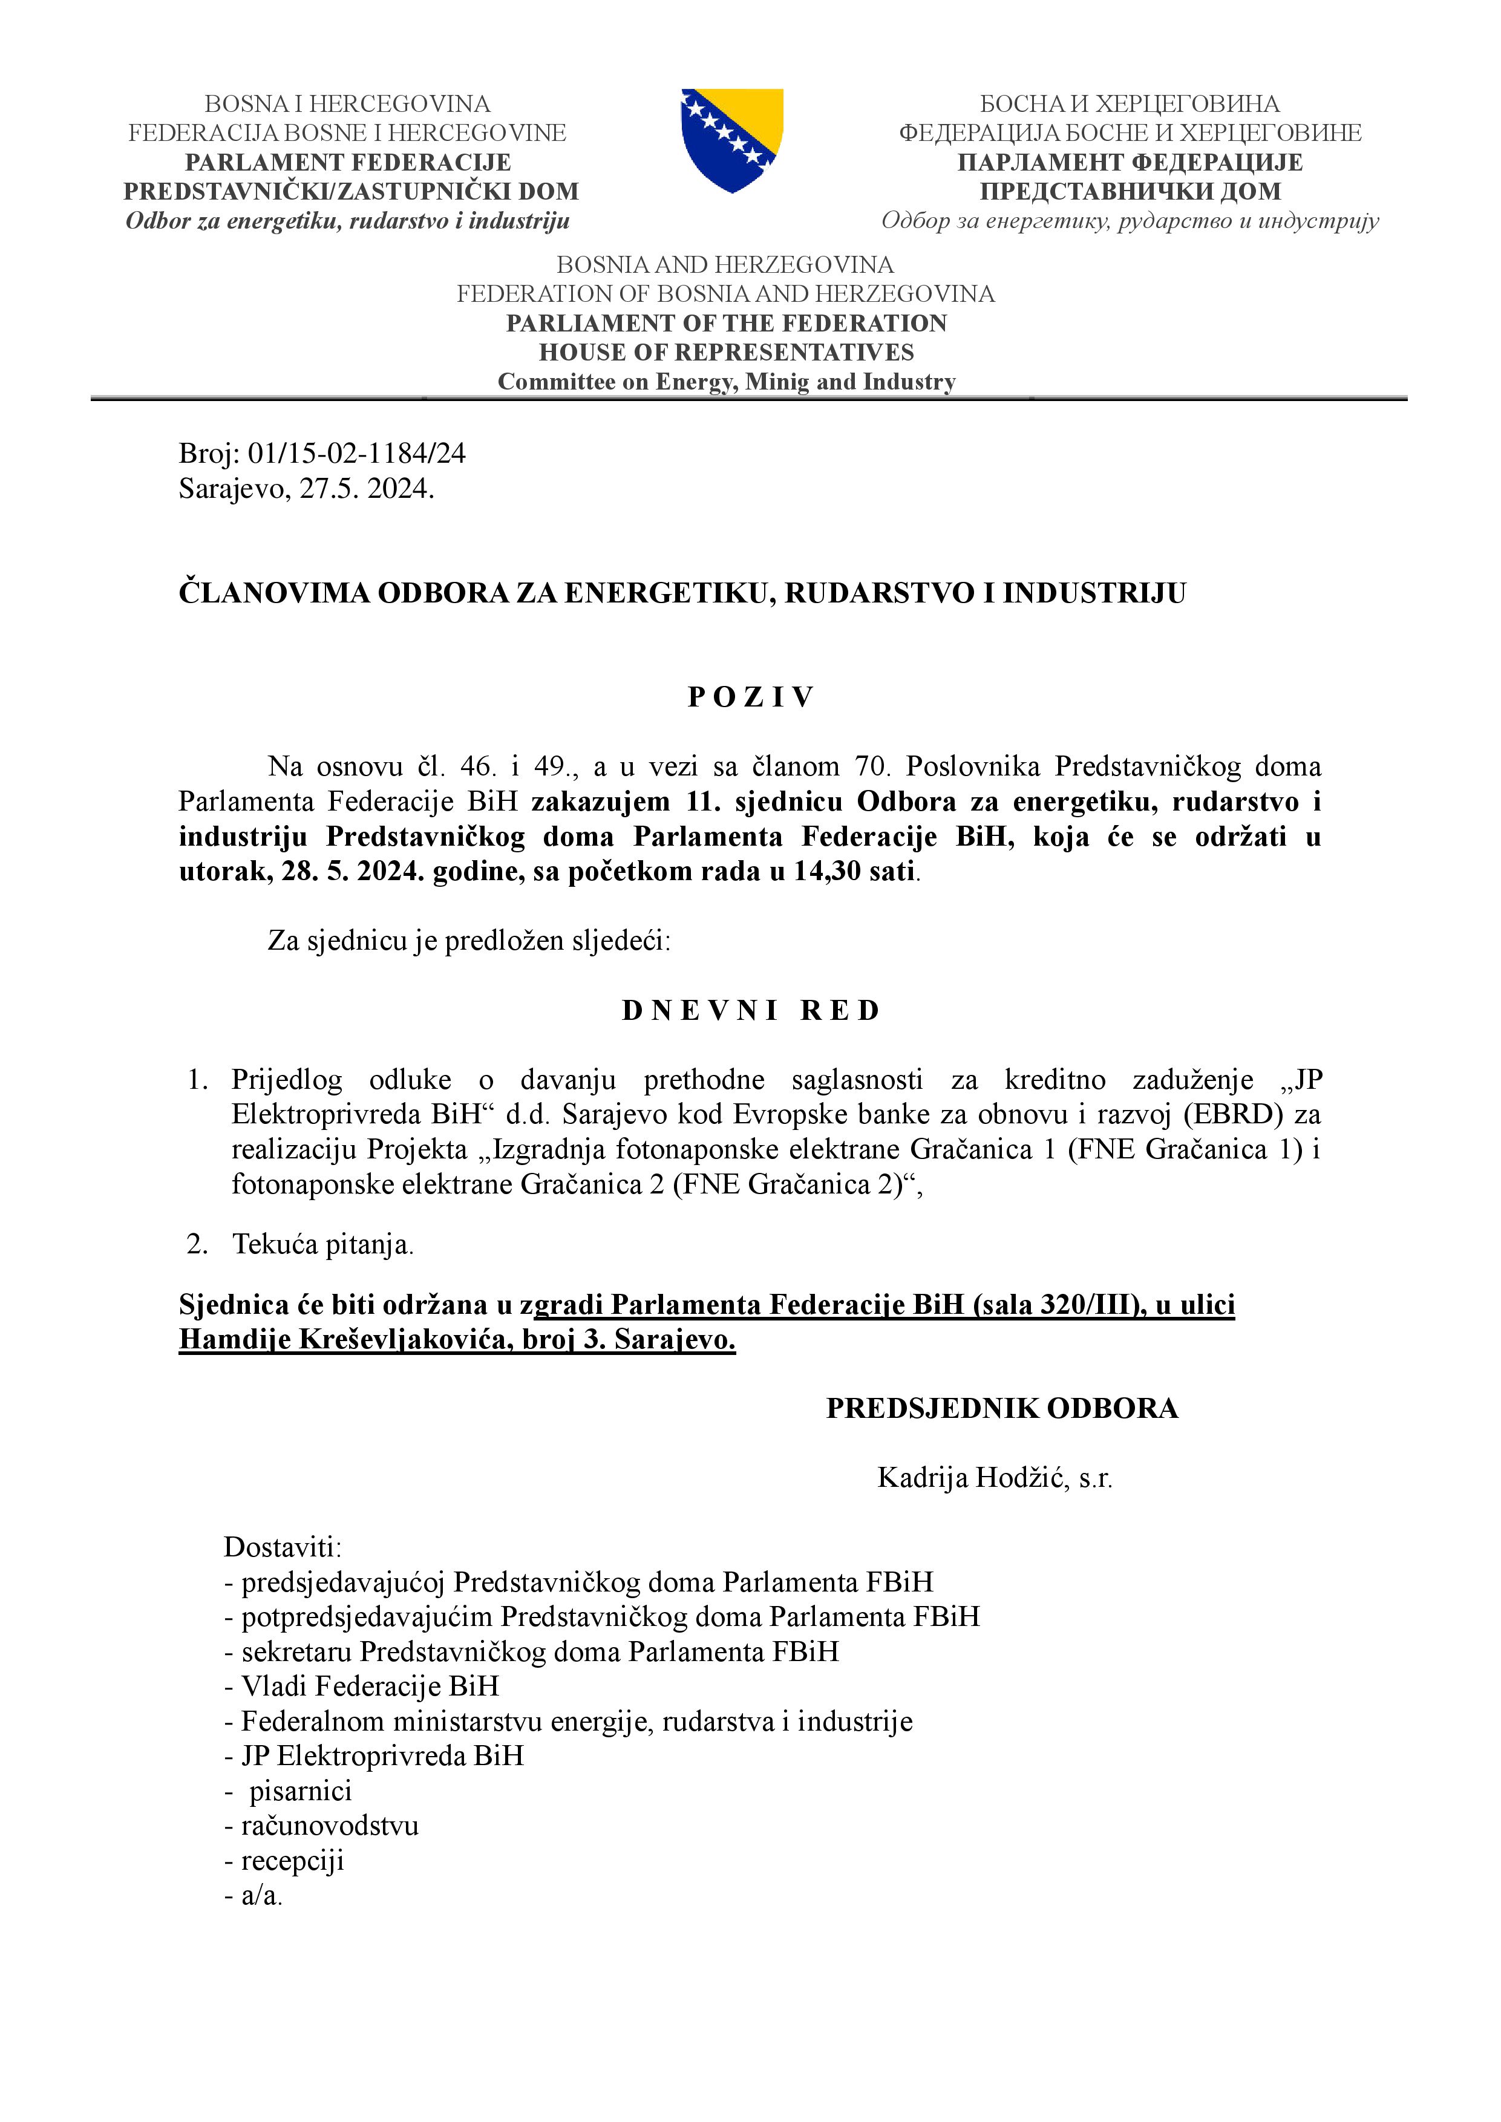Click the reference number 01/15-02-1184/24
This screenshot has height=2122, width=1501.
(x=357, y=453)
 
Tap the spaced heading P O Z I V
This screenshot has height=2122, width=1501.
(x=750, y=697)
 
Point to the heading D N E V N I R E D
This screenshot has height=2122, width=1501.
(x=750, y=1010)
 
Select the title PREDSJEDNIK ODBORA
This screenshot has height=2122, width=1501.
(x=1002, y=1408)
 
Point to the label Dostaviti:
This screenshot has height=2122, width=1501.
(x=283, y=1547)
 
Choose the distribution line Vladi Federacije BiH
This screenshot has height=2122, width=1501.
(x=370, y=1686)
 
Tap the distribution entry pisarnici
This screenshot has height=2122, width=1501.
(x=301, y=1791)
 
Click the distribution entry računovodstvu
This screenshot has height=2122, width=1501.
(x=330, y=1826)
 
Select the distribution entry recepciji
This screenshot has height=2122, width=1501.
(x=292, y=1861)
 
